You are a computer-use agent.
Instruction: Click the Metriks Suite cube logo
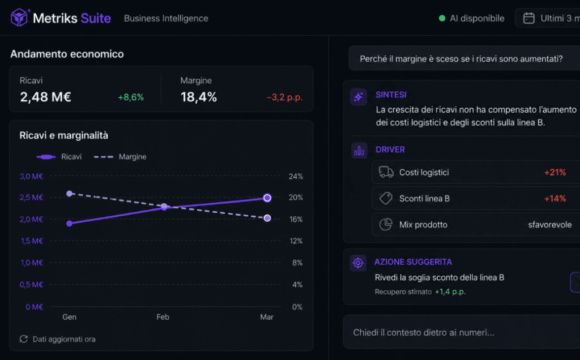point(19,18)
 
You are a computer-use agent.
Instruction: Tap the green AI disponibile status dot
point(442,18)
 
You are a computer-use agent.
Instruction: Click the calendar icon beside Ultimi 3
point(528,18)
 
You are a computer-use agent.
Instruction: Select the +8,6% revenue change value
point(131,97)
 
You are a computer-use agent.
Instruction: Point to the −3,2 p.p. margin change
point(284,97)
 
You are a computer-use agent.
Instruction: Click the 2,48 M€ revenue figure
point(45,97)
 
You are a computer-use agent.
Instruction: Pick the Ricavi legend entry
point(59,157)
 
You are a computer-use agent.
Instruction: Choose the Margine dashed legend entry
point(120,157)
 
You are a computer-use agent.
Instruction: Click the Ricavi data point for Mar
point(267,198)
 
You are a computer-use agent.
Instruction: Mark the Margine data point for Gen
point(69,194)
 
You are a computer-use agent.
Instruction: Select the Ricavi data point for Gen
point(69,223)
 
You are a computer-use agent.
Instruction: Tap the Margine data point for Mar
point(267,218)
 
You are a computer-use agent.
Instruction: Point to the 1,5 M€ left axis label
point(32,241)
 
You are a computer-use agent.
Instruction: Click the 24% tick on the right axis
point(296,176)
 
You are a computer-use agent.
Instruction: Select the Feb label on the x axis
point(163,317)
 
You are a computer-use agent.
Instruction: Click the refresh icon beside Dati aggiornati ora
point(24,339)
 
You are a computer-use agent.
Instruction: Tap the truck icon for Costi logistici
point(386,172)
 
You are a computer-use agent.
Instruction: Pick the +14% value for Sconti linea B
point(555,199)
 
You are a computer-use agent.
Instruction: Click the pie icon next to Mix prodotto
point(385,224)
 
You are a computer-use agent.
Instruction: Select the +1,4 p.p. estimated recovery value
point(450,292)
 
